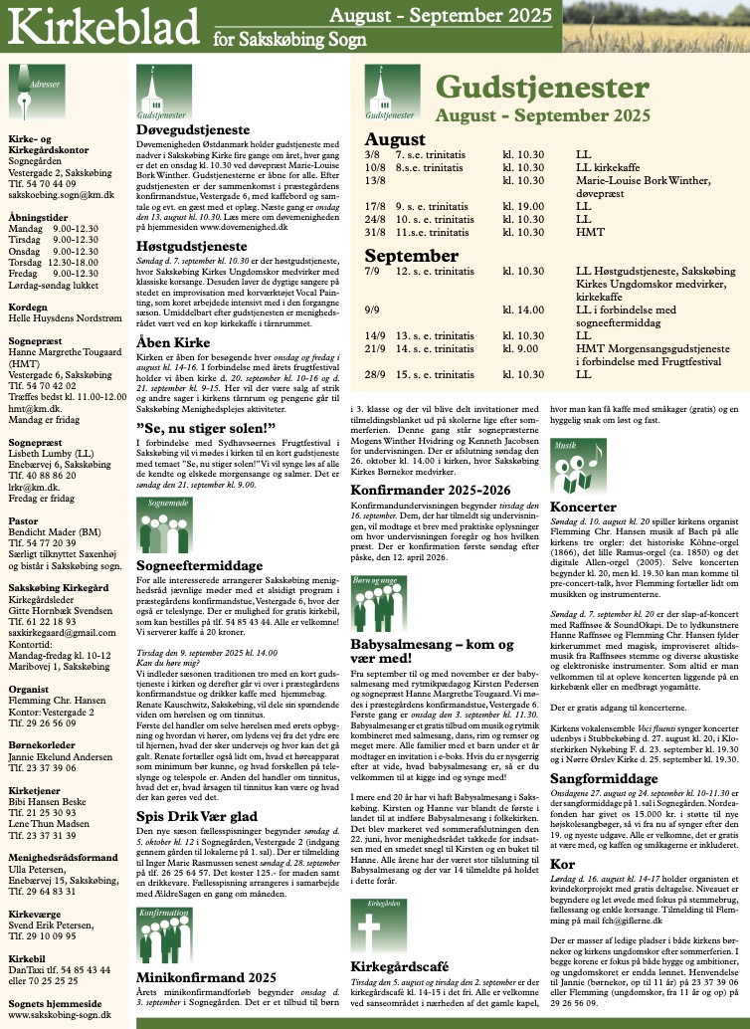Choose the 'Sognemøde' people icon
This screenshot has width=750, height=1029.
[x=160, y=516]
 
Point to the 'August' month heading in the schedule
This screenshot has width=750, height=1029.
[x=395, y=139]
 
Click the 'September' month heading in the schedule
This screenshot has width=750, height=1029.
[x=410, y=255]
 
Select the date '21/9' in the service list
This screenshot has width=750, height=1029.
[x=374, y=349]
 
